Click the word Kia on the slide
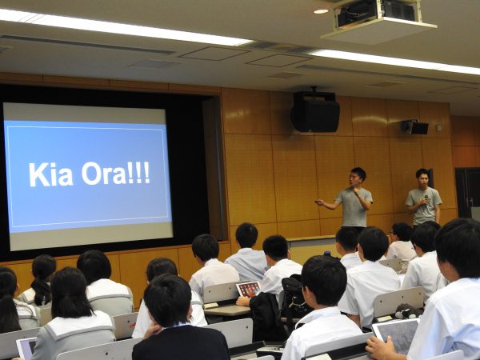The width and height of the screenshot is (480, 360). coord(51,174)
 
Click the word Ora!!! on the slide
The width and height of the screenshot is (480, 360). coord(116,174)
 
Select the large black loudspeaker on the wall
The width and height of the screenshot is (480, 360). coord(315,112)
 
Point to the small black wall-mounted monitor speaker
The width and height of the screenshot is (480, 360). coord(414,127)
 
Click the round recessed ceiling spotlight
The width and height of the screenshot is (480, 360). coord(321,11)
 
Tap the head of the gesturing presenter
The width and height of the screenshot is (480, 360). coord(358,177)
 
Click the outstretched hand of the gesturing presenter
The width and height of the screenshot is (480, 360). coord(319,202)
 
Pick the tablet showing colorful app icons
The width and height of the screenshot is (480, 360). coord(249,289)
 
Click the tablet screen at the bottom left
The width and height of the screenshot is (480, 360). coord(26,348)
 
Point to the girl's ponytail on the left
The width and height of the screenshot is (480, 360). coord(42,291)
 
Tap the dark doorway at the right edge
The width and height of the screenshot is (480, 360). coord(467,194)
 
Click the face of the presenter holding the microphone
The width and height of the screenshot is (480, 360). coord(423,181)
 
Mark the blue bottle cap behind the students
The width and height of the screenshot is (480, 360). coord(327,254)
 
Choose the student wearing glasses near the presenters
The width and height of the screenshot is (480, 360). coord(400,242)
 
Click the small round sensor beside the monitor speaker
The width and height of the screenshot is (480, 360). coord(439,127)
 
